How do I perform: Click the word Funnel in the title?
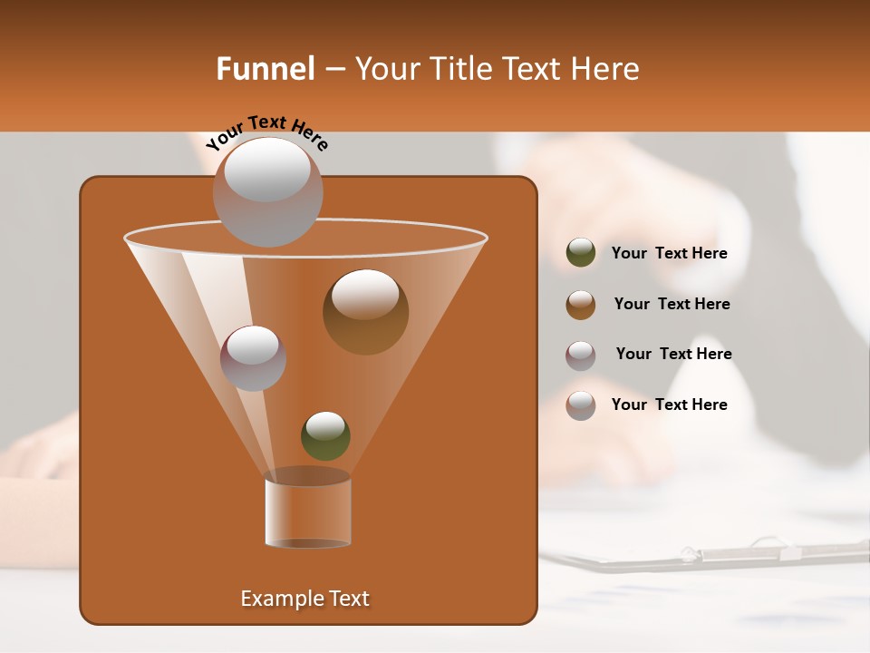266,69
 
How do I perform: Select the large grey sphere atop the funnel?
267,191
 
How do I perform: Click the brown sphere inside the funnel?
365,311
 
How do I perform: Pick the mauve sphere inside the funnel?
253,357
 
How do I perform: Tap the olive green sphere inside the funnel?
325,435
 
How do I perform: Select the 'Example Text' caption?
304,599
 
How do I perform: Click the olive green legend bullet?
581,253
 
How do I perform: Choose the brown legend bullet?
581,304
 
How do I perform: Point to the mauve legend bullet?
581,355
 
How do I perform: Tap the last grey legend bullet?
581,405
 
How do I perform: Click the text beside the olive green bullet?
669,254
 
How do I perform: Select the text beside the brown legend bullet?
672,304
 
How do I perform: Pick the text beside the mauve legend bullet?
673,354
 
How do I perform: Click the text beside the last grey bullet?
669,404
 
